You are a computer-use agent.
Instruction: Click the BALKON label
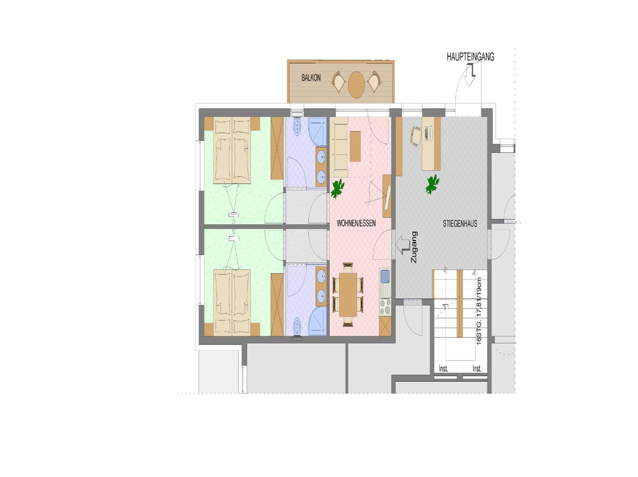pos(311,78)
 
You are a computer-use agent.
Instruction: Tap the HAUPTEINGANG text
pos(470,57)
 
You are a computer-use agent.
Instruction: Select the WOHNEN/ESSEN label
pos(356,223)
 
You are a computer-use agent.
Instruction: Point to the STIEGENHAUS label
pos(460,224)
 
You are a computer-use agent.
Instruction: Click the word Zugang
pos(414,247)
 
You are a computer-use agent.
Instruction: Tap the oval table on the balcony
pos(356,85)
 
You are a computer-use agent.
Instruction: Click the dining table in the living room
pos(348,294)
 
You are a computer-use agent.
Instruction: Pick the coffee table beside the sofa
pos(355,146)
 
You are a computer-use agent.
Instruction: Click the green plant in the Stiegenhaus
pos(432,184)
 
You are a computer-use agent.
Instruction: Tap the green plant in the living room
pos(337,189)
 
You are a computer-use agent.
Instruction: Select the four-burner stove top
pos(385,307)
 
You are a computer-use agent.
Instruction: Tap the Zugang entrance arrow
pos(403,245)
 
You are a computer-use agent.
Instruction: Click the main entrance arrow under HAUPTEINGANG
pos(470,75)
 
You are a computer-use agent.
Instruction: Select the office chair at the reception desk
pos(416,136)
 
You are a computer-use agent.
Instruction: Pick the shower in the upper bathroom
pos(318,132)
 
